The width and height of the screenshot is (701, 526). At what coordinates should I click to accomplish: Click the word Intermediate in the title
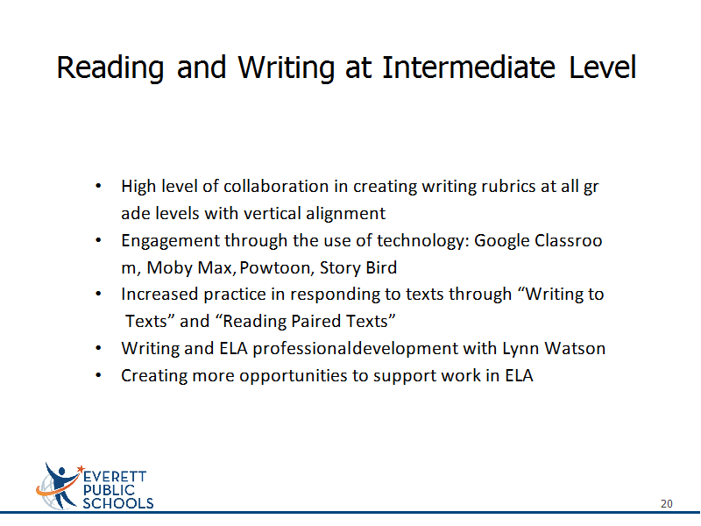tap(469, 68)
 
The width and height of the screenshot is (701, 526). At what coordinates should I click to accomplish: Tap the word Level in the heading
tap(603, 68)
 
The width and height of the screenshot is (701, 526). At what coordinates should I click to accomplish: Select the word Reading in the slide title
tap(110, 68)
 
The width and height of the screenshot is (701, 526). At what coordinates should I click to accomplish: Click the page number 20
tap(666, 503)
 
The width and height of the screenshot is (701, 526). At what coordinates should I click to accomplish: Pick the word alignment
tap(345, 214)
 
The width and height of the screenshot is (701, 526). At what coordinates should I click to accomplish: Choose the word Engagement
tap(170, 241)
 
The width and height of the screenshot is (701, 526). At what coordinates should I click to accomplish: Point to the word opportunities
tap(294, 376)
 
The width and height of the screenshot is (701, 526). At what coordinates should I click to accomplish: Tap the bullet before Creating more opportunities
tap(98, 375)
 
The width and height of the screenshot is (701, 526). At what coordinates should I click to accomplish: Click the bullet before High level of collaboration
tap(98, 186)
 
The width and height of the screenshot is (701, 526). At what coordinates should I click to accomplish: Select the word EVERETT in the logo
tap(115, 476)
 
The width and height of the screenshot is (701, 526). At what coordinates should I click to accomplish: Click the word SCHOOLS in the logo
tap(118, 503)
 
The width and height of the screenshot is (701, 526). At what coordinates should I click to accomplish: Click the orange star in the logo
tap(81, 469)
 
